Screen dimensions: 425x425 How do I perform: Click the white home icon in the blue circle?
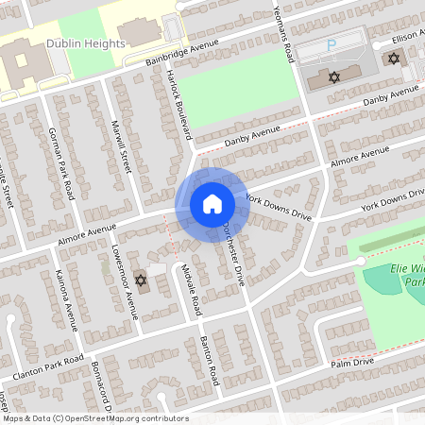(212, 203)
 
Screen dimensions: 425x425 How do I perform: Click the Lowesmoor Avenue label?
(121, 282)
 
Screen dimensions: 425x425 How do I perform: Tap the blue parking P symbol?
(331, 44)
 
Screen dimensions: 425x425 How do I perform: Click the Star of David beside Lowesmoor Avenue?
(142, 280)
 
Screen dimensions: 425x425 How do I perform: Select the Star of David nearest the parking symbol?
(333, 76)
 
